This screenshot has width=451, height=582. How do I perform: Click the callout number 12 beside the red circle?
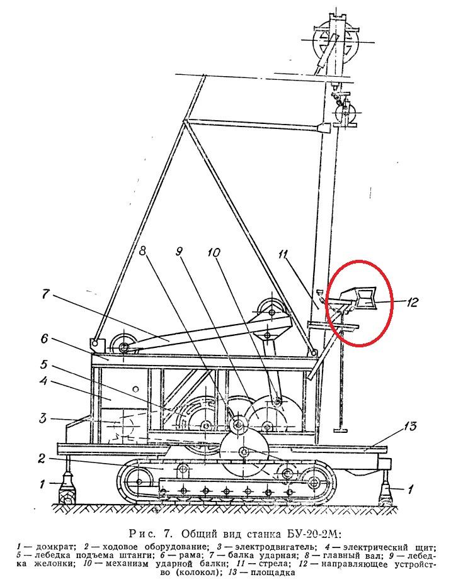coord(411,302)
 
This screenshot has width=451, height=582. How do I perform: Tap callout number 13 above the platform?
coord(410,426)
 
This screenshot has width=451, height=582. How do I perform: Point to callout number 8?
coord(143,251)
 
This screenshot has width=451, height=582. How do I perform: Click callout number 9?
coord(179,252)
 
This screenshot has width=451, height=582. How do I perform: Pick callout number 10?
coord(214,253)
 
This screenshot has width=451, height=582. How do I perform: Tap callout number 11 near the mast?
coord(283,255)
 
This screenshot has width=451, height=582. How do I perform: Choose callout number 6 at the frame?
coord(45,339)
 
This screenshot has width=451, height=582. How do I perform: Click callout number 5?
coord(44,365)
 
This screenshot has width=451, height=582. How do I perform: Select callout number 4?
coord(43,381)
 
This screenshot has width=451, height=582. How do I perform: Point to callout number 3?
coord(43,418)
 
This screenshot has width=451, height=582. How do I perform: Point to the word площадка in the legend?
coord(273,572)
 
